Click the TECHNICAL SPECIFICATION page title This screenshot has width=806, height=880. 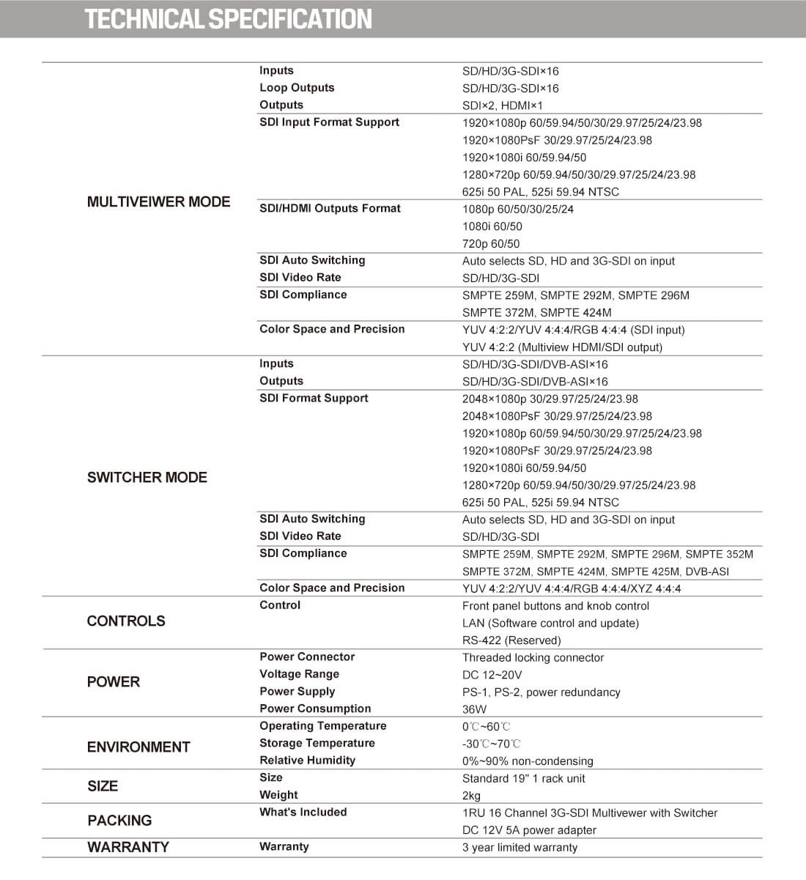[x=228, y=19]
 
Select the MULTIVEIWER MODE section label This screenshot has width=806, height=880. [x=158, y=201]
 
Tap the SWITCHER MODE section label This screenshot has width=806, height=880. [x=147, y=477]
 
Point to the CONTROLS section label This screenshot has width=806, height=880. [x=126, y=621]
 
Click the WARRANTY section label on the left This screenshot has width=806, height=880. [x=127, y=847]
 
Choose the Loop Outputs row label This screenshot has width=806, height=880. [x=297, y=87]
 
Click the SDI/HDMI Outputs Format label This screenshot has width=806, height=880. [x=330, y=208]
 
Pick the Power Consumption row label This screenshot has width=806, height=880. [x=315, y=709]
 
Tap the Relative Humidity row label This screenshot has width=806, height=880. [x=307, y=760]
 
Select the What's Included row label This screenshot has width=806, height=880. [x=303, y=812]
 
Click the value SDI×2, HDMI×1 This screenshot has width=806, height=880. [x=503, y=106]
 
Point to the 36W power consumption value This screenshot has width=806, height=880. [x=474, y=709]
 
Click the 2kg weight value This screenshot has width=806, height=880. [x=471, y=796]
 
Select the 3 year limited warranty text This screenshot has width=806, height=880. [x=520, y=847]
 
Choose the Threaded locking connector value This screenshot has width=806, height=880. [x=533, y=657]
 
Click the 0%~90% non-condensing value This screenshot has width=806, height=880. [x=528, y=761]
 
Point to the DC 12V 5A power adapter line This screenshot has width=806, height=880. [x=529, y=830]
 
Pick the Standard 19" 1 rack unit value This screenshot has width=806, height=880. [x=523, y=778]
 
